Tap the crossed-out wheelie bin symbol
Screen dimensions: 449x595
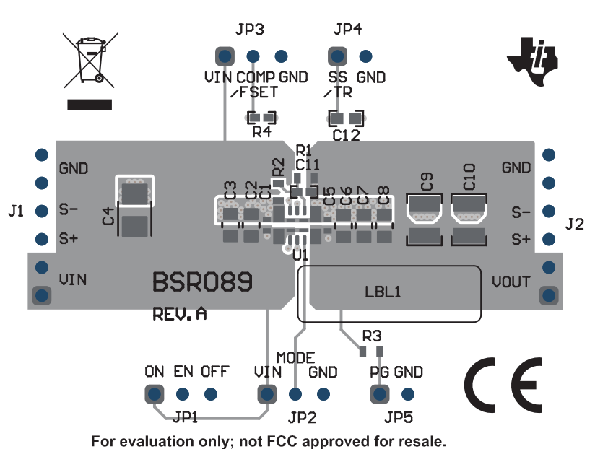90,62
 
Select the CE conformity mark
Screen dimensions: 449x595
503,383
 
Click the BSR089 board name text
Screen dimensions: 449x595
202,282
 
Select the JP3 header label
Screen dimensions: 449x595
249,30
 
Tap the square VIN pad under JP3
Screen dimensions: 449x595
224,56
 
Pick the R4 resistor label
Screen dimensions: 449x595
261,132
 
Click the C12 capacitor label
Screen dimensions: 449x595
346,135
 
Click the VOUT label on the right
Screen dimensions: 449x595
511,282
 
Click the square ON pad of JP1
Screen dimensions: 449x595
154,394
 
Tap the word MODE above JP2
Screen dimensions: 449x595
295,358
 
